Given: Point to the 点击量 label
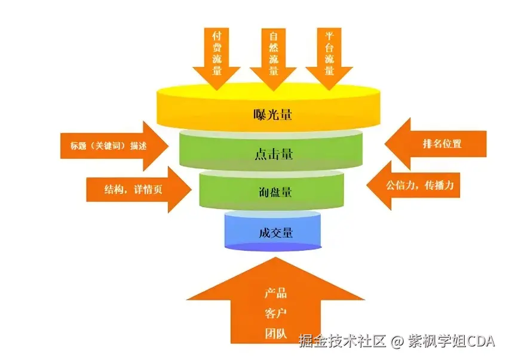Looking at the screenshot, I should (272, 155).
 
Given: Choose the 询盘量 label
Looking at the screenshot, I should (272, 192).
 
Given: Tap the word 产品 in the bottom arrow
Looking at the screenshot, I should (275, 293).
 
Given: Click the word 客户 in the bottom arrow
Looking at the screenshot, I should (275, 313).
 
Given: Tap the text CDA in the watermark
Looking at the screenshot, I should (481, 341).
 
